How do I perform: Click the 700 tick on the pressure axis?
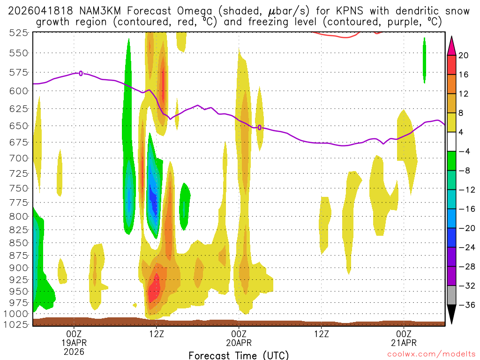click(x=17, y=158)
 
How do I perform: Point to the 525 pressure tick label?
click(x=17, y=32)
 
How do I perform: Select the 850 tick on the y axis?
click(x=17, y=243)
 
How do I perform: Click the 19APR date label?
click(x=74, y=343)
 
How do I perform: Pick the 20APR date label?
click(x=239, y=343)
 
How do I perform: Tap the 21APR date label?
click(x=404, y=343)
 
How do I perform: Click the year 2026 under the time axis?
click(x=74, y=352)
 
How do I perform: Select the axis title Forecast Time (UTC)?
click(x=239, y=355)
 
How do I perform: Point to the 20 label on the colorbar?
click(x=464, y=55)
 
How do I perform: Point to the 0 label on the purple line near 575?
click(x=81, y=73)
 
